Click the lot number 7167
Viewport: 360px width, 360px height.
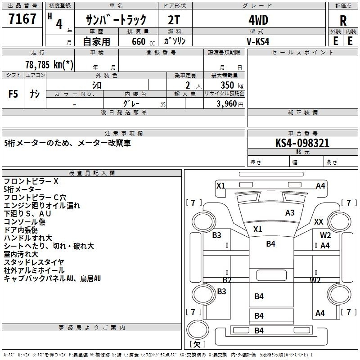tap(22, 19)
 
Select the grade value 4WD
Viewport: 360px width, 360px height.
tap(258, 20)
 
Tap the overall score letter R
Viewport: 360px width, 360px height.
tap(343, 21)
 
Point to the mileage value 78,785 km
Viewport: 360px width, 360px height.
tap(49, 64)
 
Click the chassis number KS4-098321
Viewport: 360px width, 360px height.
tap(302, 143)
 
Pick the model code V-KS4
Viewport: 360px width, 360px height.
tap(258, 41)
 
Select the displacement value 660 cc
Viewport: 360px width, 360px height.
tap(143, 42)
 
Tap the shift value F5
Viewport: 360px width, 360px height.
tap(13, 94)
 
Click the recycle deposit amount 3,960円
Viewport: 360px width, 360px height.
tap(230, 104)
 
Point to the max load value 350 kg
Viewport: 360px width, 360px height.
tap(232, 85)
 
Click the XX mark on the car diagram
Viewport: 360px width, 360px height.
tap(319, 222)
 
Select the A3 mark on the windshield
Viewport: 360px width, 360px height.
tap(290, 213)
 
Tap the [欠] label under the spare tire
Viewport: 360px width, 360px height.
tap(198, 344)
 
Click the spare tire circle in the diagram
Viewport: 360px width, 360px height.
tap(198, 330)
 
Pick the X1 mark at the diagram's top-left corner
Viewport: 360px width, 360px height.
tap(221, 185)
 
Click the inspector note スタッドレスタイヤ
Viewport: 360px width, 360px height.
tap(34, 262)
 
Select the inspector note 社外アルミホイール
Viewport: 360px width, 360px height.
tap(34, 270)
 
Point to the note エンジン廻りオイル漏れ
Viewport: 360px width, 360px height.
tap(42, 206)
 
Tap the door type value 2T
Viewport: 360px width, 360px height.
tap(174, 20)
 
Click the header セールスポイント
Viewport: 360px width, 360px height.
tap(302, 52)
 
